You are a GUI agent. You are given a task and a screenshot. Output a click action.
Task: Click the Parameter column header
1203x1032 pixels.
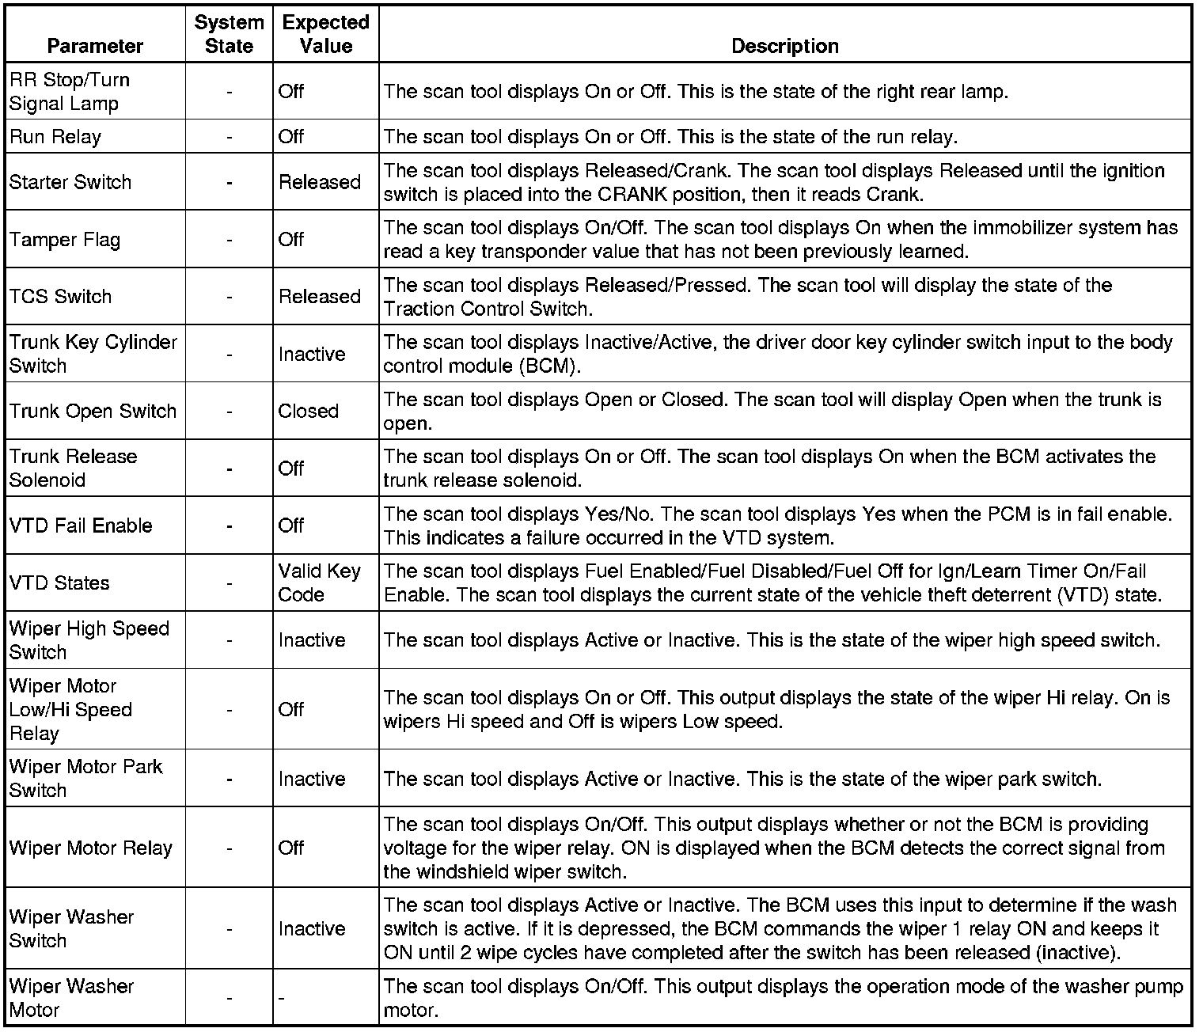click(95, 46)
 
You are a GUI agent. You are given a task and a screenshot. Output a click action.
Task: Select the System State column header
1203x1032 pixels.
click(229, 34)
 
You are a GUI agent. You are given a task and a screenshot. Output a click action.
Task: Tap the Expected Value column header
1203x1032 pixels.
click(325, 34)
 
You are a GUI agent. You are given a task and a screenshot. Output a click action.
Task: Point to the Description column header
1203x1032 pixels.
click(784, 46)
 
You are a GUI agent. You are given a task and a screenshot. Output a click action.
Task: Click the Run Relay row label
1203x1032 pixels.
click(55, 137)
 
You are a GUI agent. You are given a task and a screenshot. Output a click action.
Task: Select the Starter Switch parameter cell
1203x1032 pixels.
click(70, 182)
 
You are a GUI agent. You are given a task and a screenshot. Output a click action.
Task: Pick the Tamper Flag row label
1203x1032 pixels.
click(65, 239)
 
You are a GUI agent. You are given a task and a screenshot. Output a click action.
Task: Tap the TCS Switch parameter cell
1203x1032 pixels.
click(61, 297)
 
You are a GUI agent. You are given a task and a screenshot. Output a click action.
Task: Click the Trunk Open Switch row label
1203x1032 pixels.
click(93, 412)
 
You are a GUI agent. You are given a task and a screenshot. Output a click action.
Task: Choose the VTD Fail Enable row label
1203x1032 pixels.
click(81, 525)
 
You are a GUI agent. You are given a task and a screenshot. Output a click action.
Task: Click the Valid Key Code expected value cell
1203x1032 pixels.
click(319, 582)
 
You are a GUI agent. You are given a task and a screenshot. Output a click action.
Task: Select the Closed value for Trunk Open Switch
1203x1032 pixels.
click(308, 412)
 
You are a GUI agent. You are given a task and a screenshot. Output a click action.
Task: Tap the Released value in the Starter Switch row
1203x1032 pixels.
click(319, 182)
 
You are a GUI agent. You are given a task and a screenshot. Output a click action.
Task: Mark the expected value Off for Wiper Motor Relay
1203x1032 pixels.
click(291, 848)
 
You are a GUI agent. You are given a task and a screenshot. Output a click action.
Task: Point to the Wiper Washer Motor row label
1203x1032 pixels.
click(71, 998)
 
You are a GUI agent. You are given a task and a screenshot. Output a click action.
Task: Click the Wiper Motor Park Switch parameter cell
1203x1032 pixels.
click(85, 779)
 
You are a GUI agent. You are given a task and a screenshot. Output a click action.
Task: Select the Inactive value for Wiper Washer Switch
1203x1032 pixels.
click(312, 929)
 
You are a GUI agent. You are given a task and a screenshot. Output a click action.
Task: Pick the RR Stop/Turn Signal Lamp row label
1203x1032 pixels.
click(69, 92)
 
